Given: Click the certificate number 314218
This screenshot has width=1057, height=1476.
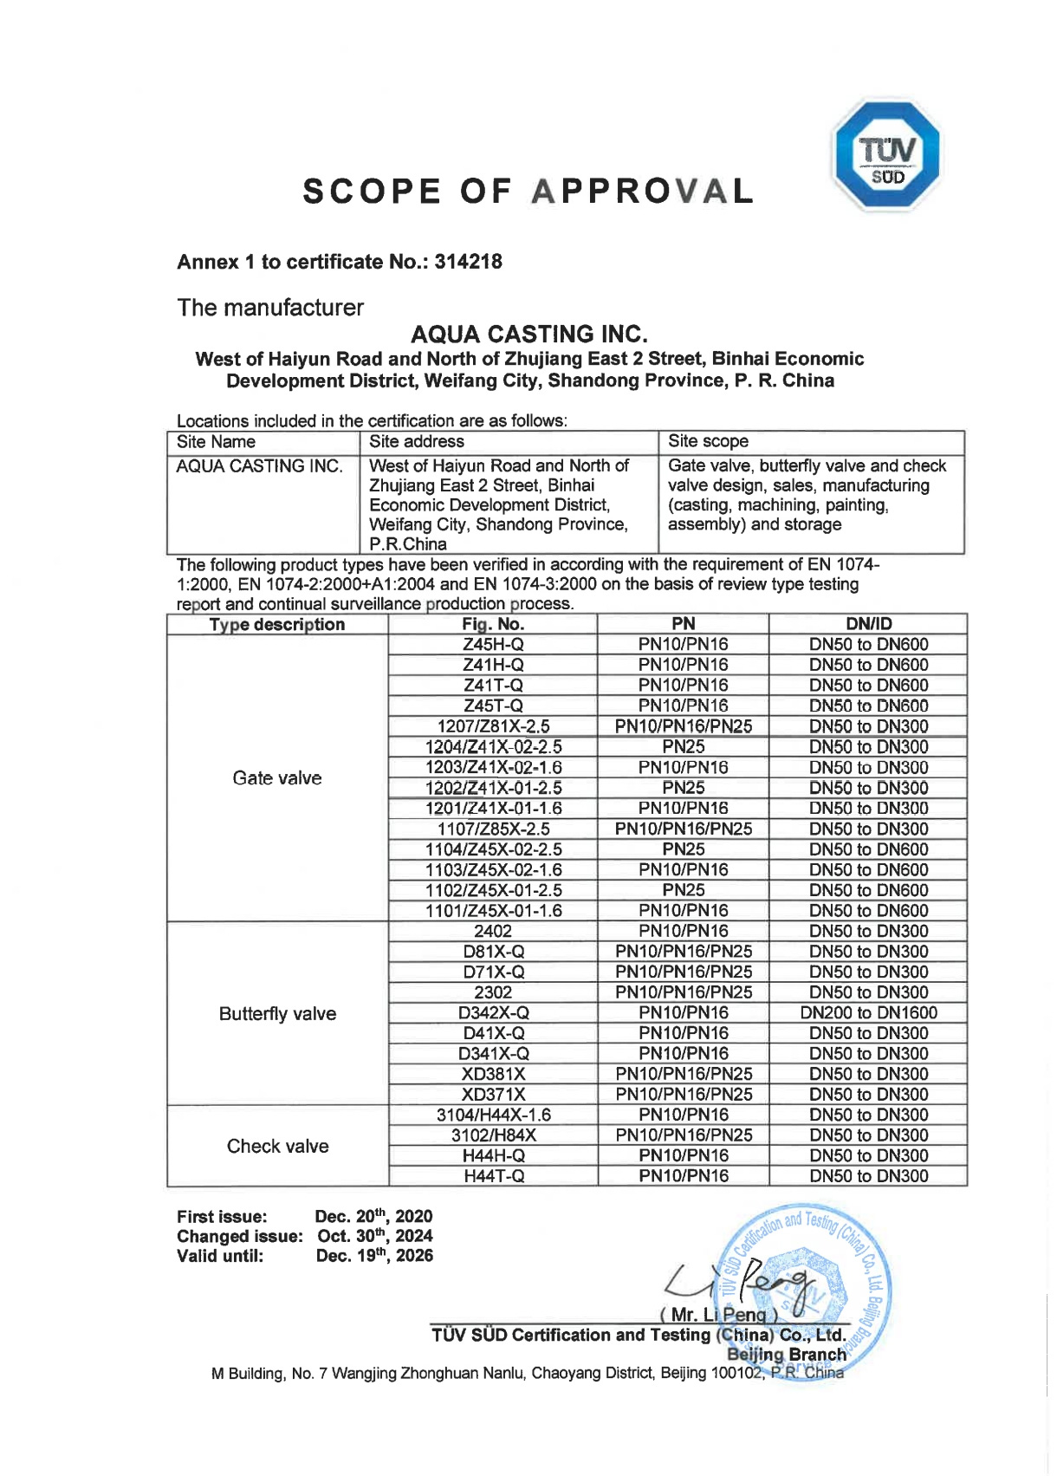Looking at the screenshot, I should tap(468, 262).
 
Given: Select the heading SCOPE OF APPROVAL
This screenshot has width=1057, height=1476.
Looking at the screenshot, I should tap(528, 192).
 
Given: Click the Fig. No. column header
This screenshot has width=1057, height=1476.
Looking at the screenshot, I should tap(492, 624).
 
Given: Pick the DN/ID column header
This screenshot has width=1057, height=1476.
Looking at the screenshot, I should tap(868, 624).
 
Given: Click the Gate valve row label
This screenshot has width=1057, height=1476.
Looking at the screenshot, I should tap(277, 778).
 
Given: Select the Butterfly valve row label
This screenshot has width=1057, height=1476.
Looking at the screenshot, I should tap(277, 1014).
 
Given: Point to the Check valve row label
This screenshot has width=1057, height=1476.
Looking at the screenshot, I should tap(277, 1147).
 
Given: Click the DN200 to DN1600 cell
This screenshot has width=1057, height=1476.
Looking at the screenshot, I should tap(868, 1013).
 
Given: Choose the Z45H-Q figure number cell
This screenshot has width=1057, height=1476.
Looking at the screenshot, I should tap(493, 645).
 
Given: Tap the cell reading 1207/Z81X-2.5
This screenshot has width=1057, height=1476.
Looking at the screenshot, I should tap(493, 726).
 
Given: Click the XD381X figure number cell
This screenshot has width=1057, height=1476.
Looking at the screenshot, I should tap(493, 1074).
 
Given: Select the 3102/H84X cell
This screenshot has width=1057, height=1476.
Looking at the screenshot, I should tap(493, 1135).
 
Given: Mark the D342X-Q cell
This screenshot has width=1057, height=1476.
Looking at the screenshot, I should tap(493, 1013).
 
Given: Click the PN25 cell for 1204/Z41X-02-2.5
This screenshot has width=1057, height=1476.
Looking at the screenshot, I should tap(683, 747).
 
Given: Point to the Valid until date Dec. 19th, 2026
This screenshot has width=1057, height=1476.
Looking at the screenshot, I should tap(374, 1256).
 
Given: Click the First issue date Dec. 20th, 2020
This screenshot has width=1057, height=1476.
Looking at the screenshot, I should tap(373, 1217).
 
